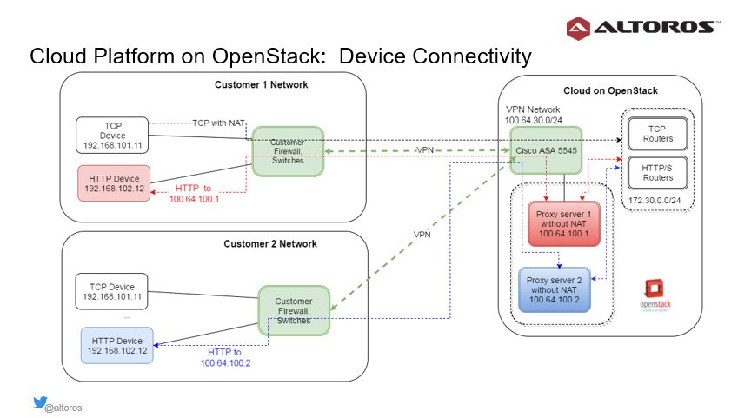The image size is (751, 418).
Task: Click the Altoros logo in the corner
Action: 642,28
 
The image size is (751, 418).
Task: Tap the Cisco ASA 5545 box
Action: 546,150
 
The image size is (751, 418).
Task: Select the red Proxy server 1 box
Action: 564,223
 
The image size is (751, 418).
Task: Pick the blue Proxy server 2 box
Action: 555,289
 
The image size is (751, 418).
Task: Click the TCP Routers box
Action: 658,134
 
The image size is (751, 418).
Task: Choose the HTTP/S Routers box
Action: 658,173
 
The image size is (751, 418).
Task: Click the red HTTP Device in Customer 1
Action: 114,183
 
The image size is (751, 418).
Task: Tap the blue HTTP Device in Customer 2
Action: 116,345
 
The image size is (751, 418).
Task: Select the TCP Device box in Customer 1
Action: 112,135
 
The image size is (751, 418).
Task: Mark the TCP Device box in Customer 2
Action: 111,292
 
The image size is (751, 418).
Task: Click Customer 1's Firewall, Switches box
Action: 288,151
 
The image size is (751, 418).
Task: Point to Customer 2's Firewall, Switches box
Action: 294,310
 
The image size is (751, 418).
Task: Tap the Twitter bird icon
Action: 40,402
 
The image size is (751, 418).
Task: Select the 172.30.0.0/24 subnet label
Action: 655,200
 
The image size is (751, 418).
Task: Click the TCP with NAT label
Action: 218,123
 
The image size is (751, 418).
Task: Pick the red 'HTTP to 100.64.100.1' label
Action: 194,194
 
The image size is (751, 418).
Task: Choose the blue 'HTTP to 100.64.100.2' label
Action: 225,357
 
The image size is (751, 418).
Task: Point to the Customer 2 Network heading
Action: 270,243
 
